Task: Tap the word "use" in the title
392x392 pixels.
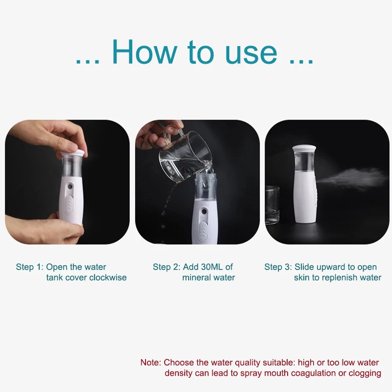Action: click(251, 53)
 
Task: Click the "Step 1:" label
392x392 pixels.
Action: click(30, 267)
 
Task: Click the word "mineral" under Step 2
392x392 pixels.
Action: click(195, 277)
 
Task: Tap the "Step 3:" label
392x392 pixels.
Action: click(278, 267)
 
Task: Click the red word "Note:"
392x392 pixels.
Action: click(151, 363)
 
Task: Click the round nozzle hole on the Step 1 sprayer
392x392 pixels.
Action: click(71, 186)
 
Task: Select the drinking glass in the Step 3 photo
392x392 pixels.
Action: click(273, 204)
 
